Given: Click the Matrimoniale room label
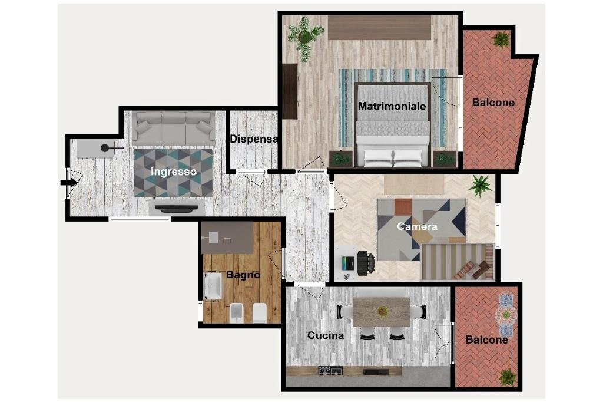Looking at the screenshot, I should point(392,106).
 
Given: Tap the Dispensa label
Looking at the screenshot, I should point(254,140).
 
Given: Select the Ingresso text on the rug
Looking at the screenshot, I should point(173,172).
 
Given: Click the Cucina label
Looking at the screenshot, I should point(326,335).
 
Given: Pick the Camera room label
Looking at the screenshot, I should point(417,226).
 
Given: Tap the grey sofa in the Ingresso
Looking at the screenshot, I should point(173,127).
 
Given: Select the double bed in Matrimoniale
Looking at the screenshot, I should point(393,127).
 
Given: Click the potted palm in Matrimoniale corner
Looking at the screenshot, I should point(305,37).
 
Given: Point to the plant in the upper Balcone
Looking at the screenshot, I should point(502,40).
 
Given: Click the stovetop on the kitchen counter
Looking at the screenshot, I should point(330,371).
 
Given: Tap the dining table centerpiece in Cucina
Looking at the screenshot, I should point(383,311).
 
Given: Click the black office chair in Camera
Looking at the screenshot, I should point(365,263).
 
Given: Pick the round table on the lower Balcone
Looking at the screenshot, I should point(505,314).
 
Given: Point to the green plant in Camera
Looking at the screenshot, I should point(481,186).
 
